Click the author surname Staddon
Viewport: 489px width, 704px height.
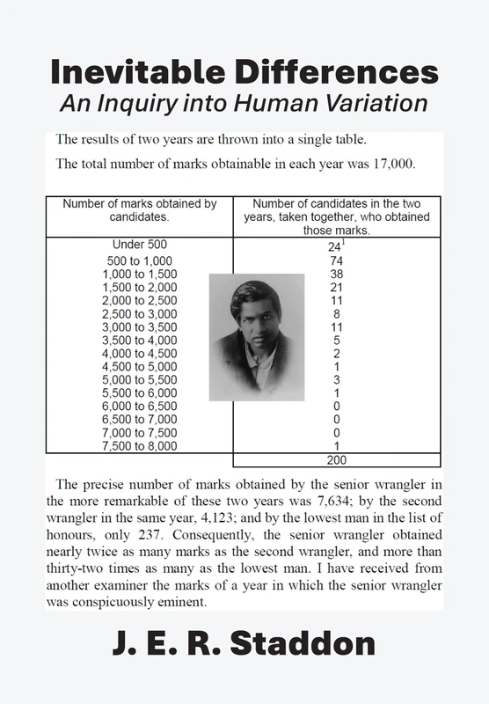coord(310,644)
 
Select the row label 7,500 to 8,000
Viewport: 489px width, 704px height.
coord(139,446)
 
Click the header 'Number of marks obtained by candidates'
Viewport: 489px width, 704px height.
coord(139,209)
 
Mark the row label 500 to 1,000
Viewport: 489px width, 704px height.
coord(139,261)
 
